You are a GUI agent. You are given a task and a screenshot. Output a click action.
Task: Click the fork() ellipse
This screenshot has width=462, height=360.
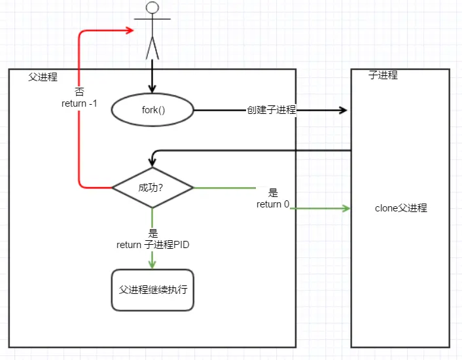(x=153, y=110)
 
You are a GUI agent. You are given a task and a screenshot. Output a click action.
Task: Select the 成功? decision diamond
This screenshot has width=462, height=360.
(x=152, y=187)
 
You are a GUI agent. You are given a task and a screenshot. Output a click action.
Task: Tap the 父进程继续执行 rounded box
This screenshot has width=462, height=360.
(x=152, y=289)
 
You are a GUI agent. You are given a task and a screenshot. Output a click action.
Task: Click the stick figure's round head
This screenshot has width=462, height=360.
(x=152, y=8)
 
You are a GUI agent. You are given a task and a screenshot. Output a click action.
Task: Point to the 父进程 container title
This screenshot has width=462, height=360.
(x=43, y=77)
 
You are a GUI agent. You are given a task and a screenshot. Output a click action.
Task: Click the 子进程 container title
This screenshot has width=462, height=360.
(x=383, y=75)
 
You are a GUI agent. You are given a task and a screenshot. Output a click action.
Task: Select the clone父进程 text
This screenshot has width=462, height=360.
(x=400, y=208)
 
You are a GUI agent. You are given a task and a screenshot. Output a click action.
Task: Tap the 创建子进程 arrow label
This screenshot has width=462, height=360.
(x=272, y=110)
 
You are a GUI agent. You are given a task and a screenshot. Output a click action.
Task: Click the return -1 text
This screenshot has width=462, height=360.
(x=79, y=103)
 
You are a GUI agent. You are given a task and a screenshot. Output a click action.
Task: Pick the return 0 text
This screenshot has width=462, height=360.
(x=273, y=204)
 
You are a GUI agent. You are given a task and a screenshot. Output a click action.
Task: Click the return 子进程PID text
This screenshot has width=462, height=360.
(x=152, y=245)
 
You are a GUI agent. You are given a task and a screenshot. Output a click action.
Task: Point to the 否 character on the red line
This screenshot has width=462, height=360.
(x=79, y=92)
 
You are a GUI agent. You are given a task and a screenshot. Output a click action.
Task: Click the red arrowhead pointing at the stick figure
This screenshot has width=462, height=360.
(x=129, y=29)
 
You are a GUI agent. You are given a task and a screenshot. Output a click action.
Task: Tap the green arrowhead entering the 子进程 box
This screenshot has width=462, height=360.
(x=346, y=209)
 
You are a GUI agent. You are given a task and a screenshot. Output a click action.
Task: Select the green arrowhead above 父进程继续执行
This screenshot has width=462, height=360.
(x=152, y=264)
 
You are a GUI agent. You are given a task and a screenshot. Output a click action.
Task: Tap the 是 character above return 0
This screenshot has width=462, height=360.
(x=273, y=193)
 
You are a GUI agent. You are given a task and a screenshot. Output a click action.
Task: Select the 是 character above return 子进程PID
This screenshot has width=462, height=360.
(x=153, y=234)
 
